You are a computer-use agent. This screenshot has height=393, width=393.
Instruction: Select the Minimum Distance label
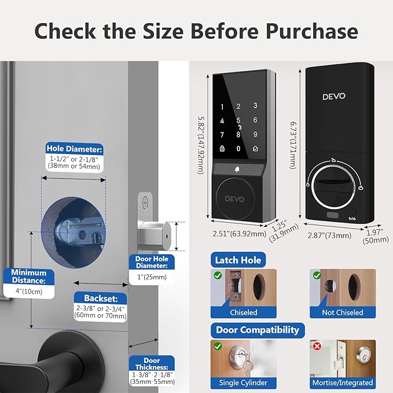[x=29, y=277]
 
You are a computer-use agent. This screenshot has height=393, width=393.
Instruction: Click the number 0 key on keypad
[x=237, y=149]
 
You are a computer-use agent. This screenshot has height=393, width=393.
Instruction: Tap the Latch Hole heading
[x=239, y=260]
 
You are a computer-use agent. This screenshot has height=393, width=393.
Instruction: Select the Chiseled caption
[x=244, y=313]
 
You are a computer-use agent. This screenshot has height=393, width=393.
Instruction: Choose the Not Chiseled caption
[x=342, y=313]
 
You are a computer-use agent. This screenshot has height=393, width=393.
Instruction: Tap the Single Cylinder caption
[x=244, y=383]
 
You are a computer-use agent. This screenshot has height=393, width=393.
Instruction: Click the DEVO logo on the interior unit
[x=334, y=96]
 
